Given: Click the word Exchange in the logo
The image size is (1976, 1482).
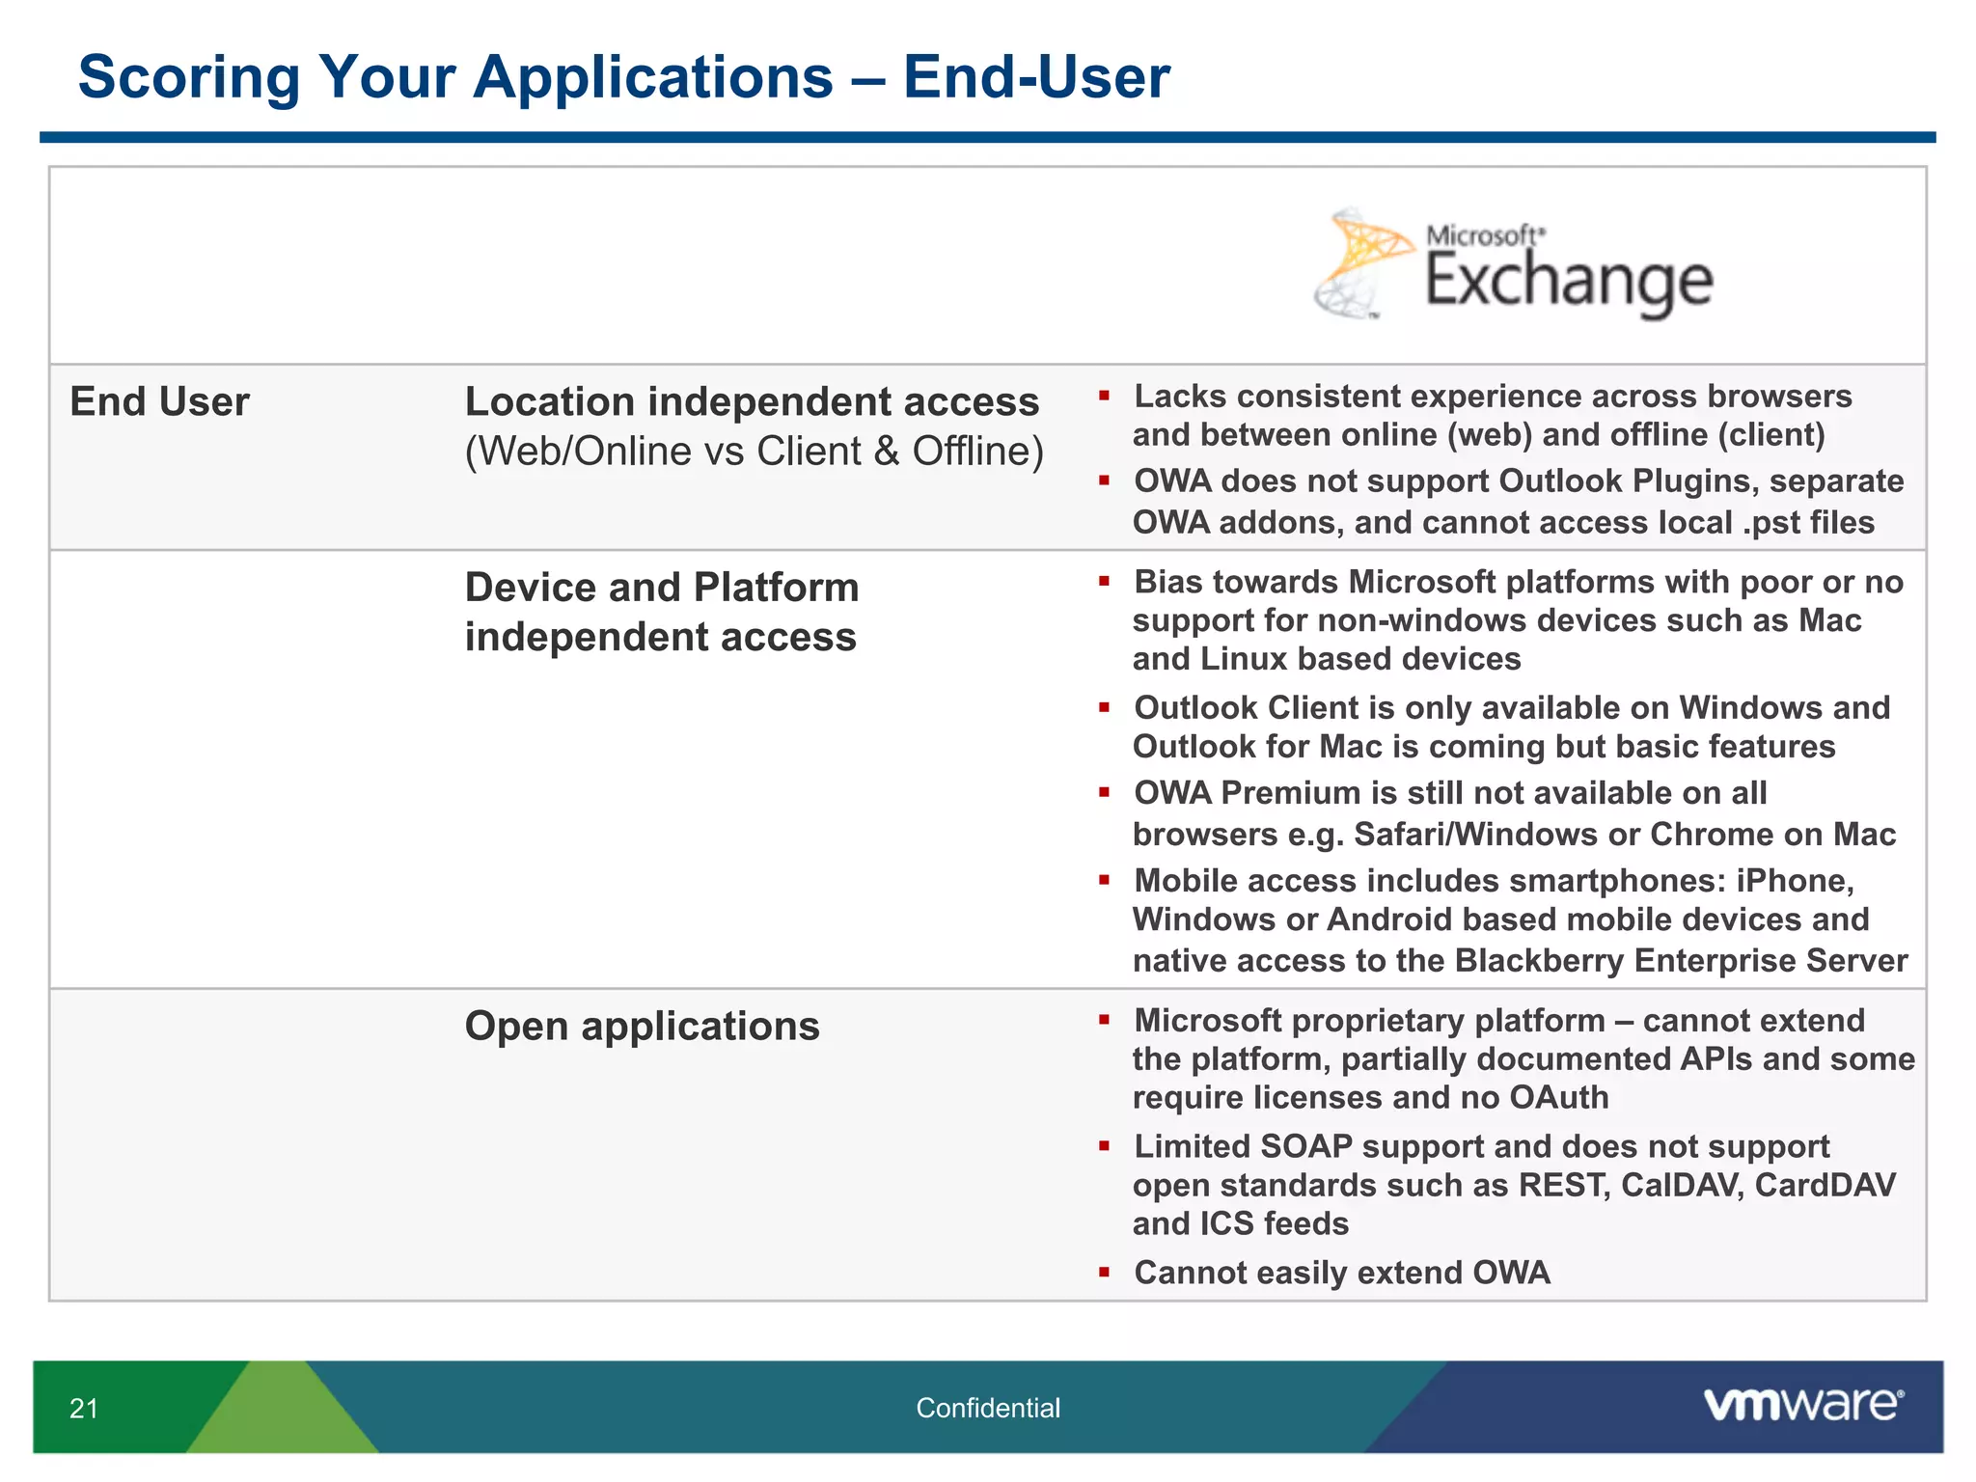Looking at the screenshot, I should click(x=1569, y=282).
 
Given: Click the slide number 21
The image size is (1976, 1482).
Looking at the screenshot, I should click(x=84, y=1409).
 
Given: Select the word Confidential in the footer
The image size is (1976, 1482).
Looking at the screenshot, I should click(x=987, y=1409).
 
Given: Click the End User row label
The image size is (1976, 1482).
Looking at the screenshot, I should click(x=159, y=401).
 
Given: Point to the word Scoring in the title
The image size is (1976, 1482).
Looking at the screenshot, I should click(x=189, y=77).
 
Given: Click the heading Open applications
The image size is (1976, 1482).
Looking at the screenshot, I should click(x=642, y=1026).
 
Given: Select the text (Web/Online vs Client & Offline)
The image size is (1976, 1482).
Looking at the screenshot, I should click(x=754, y=452).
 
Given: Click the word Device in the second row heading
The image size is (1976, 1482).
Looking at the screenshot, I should click(x=526, y=588).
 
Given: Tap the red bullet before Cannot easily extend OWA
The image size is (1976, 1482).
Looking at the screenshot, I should click(x=1104, y=1272).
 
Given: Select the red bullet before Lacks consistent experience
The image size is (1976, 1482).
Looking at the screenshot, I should click(x=1104, y=396).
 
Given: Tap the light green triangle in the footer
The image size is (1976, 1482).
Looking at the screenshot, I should click(x=280, y=1413).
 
